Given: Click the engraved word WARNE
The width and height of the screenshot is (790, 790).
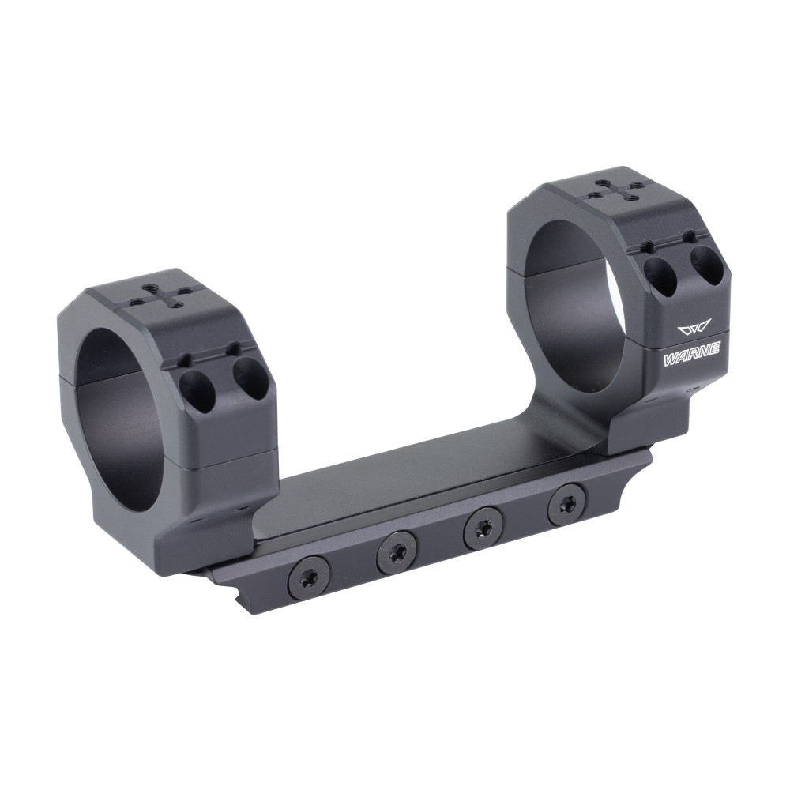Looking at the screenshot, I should pyautogui.click(x=691, y=356).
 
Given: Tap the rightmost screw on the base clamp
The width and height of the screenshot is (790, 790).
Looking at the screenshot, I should pyautogui.click(x=566, y=503).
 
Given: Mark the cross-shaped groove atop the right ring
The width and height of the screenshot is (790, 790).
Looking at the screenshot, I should pyautogui.click(x=610, y=190).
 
